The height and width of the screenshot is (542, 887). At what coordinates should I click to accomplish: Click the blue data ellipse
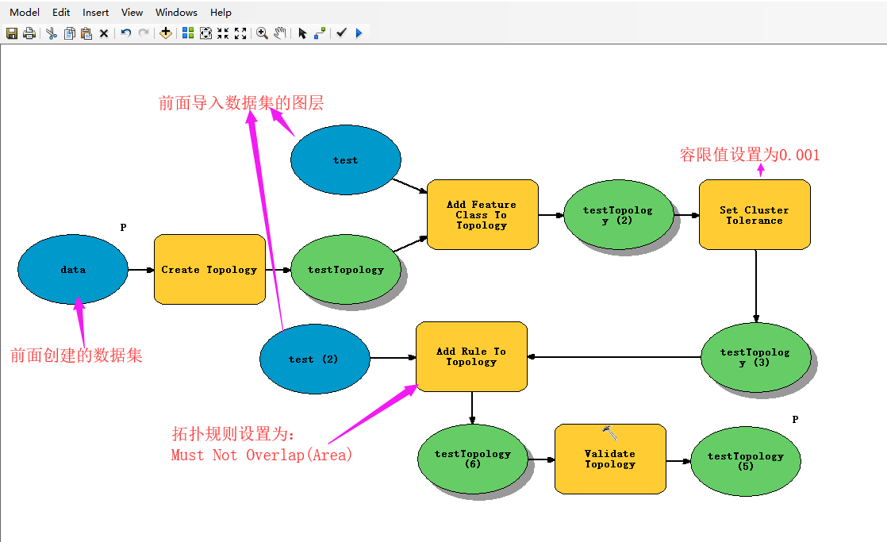click(72, 270)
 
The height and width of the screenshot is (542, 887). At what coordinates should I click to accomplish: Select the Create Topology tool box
click(209, 270)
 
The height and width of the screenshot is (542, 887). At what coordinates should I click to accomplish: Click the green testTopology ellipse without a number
click(345, 270)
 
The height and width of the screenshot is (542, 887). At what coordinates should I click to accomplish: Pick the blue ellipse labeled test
click(345, 160)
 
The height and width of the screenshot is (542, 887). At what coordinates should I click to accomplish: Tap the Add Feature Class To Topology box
click(482, 215)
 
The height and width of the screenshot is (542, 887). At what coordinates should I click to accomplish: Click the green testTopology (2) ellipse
click(617, 215)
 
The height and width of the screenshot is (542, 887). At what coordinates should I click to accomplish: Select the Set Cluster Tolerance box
click(754, 215)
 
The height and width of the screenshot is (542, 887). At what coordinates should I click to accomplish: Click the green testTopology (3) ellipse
click(755, 357)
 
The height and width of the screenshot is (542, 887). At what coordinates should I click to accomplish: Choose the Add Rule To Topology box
click(471, 356)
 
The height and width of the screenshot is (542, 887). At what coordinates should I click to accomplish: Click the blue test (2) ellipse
click(314, 359)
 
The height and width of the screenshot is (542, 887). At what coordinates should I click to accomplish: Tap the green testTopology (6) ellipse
click(472, 459)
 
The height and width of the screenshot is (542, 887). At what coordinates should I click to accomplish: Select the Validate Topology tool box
click(609, 459)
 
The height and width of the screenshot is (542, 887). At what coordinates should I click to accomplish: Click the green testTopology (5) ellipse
click(745, 461)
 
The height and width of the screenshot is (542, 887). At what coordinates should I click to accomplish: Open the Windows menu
click(176, 12)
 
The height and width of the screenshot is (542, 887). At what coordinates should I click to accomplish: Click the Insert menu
click(96, 12)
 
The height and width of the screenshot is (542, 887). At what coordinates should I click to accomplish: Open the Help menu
click(221, 12)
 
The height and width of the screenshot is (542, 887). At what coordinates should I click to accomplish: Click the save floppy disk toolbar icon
click(12, 33)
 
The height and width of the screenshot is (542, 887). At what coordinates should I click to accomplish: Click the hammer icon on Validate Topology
click(610, 433)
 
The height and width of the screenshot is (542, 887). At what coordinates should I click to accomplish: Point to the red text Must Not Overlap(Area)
click(261, 456)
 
